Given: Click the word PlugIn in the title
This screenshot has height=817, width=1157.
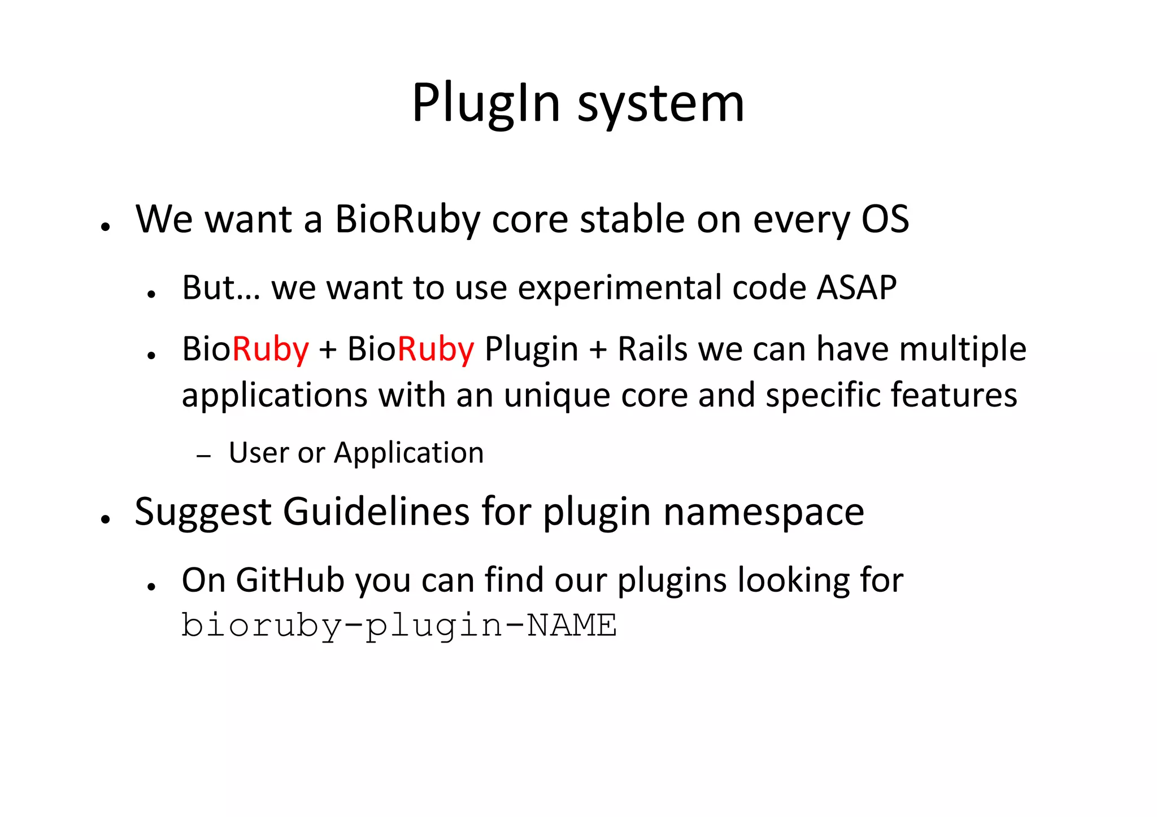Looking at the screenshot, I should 486,104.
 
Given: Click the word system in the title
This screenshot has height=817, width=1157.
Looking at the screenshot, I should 660,104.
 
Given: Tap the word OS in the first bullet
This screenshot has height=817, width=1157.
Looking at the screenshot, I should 885,219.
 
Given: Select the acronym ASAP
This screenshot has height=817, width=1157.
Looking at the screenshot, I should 856,288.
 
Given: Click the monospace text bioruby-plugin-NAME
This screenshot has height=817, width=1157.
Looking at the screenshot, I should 399,626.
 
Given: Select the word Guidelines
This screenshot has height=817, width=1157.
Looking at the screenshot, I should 376,512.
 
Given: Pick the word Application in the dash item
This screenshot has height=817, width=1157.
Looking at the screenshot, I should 409,453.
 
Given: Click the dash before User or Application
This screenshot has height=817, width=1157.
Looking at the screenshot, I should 204,455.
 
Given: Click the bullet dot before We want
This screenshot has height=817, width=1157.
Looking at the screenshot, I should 105,226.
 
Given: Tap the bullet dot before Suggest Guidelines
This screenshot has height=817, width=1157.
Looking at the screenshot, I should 105,519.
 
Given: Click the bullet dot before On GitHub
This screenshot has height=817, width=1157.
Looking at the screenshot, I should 151,587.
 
